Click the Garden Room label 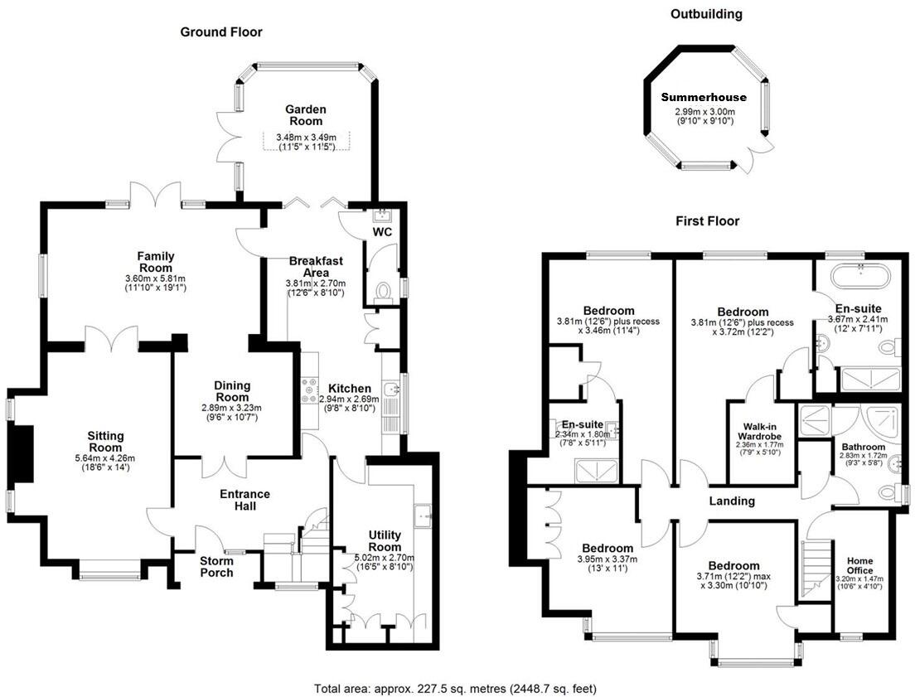pyautogui.click(x=305, y=115)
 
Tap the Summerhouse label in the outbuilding pyautogui.click(x=704, y=98)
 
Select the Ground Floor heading pyautogui.click(x=221, y=32)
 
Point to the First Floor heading pyautogui.click(x=707, y=221)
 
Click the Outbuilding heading pyautogui.click(x=706, y=14)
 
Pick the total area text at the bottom pyautogui.click(x=455, y=689)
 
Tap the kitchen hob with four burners pyautogui.click(x=310, y=390)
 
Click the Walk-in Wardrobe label pyautogui.click(x=759, y=432)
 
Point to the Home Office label pyautogui.click(x=859, y=566)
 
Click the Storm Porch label pyautogui.click(x=216, y=567)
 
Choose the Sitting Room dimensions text pyautogui.click(x=105, y=463)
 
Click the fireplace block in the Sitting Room pyautogui.click(x=22, y=453)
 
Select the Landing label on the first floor pyautogui.click(x=732, y=501)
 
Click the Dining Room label pyautogui.click(x=232, y=391)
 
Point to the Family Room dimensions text pyautogui.click(x=155, y=283)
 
